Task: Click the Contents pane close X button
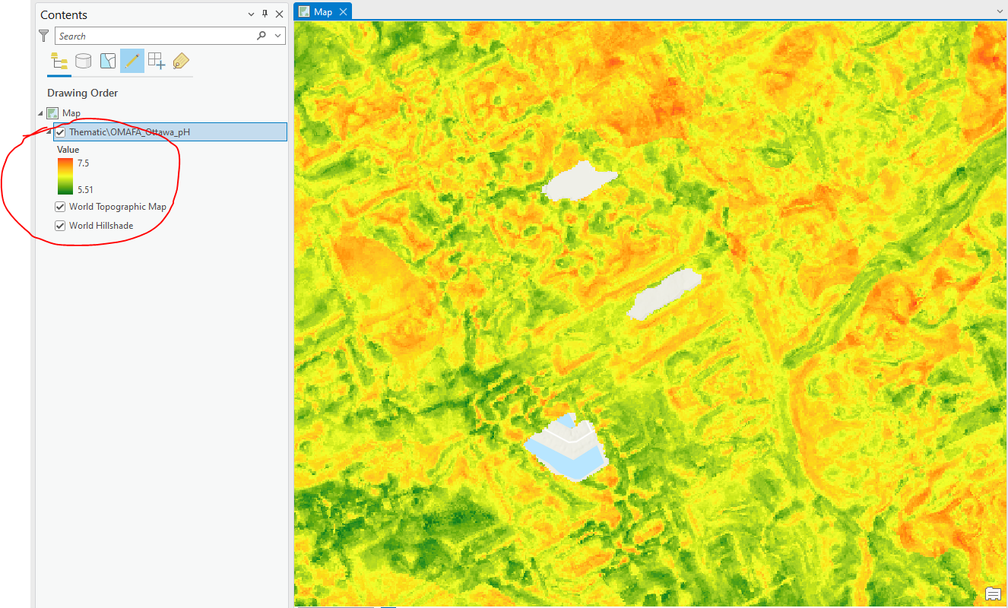(x=279, y=14)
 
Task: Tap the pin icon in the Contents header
(x=265, y=14)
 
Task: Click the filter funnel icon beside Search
(x=44, y=36)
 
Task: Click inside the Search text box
(x=152, y=36)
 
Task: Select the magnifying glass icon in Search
(x=262, y=36)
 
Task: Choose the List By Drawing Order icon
(x=59, y=61)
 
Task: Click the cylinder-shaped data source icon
(x=83, y=61)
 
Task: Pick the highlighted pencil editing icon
(x=132, y=61)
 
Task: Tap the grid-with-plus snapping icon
(x=156, y=61)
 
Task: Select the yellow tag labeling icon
(x=180, y=61)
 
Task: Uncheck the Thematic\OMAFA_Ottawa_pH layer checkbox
(x=61, y=132)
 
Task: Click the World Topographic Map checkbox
(x=60, y=207)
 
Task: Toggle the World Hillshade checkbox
(x=60, y=226)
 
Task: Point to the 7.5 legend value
(x=83, y=163)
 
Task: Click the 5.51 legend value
(x=85, y=190)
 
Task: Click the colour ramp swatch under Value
(x=65, y=176)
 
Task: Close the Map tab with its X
(x=344, y=11)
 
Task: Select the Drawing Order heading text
(x=82, y=93)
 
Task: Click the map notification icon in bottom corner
(x=993, y=594)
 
